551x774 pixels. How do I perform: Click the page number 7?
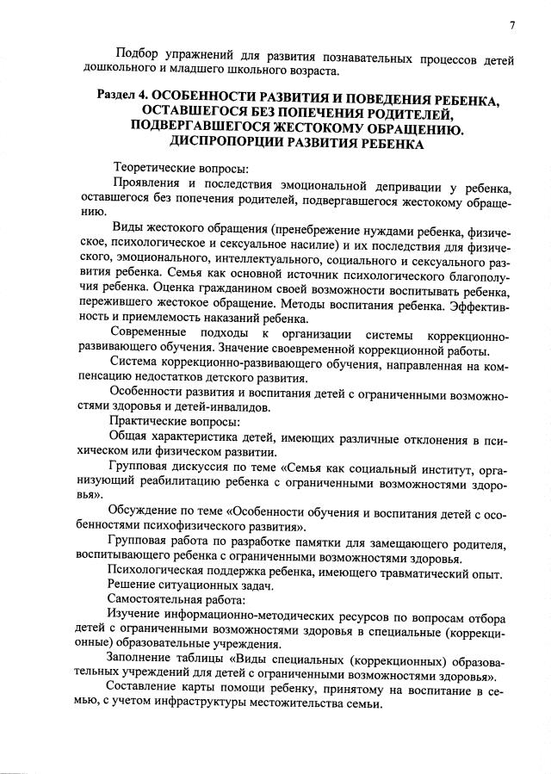[511, 25]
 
